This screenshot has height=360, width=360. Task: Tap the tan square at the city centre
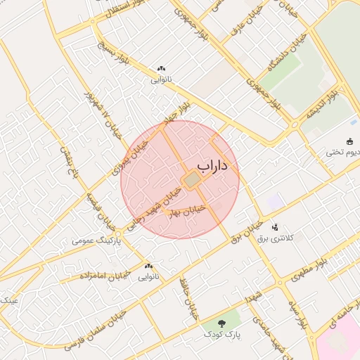click(191, 181)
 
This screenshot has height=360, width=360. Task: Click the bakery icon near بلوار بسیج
click(161, 69)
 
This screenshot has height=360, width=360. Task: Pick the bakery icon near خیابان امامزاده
click(148, 266)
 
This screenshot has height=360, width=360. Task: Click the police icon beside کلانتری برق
click(275, 228)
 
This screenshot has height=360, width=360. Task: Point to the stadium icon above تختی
click(350, 141)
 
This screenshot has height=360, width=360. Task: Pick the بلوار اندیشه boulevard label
click(328, 103)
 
